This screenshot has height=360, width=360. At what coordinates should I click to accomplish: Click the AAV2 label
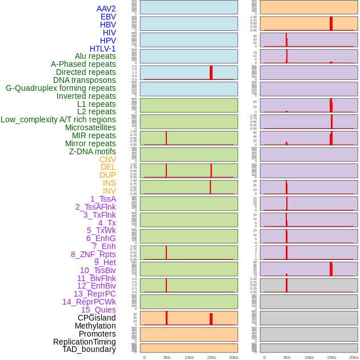point(106,9)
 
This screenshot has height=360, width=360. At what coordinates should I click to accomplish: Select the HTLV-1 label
point(102,49)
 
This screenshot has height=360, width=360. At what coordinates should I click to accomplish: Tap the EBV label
point(108,17)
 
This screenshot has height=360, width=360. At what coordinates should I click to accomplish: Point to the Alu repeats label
point(95,57)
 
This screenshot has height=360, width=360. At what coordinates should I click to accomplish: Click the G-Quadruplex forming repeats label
point(61,88)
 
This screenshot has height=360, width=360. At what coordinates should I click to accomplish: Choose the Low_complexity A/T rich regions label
point(58,119)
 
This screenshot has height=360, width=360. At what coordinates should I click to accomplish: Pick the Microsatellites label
point(90,127)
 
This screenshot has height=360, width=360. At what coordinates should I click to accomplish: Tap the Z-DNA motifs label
point(93,151)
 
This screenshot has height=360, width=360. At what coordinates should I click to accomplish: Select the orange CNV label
point(107,159)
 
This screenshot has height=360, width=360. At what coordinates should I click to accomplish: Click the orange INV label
point(109,191)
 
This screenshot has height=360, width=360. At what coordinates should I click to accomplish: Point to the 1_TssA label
point(103,199)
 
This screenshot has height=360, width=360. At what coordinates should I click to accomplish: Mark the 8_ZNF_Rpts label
point(93,254)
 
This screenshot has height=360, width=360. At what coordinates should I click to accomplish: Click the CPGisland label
point(97,318)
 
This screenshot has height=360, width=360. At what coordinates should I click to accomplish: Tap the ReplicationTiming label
point(85,342)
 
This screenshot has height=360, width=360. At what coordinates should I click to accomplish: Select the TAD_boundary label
point(89,349)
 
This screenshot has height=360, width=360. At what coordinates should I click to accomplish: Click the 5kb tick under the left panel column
point(167,357)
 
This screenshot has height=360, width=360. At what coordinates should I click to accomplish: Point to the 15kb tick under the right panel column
point(331,357)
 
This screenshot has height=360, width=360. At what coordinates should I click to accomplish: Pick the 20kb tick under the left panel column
point(234,357)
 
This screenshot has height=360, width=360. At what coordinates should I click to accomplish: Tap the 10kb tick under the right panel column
point(309,357)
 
